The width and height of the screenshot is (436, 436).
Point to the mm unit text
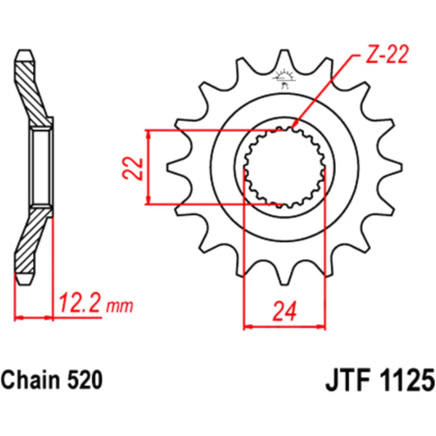[x=119, y=307]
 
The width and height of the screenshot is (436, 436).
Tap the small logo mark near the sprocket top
[x=284, y=78]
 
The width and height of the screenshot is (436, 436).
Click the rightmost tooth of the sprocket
[x=394, y=167]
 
